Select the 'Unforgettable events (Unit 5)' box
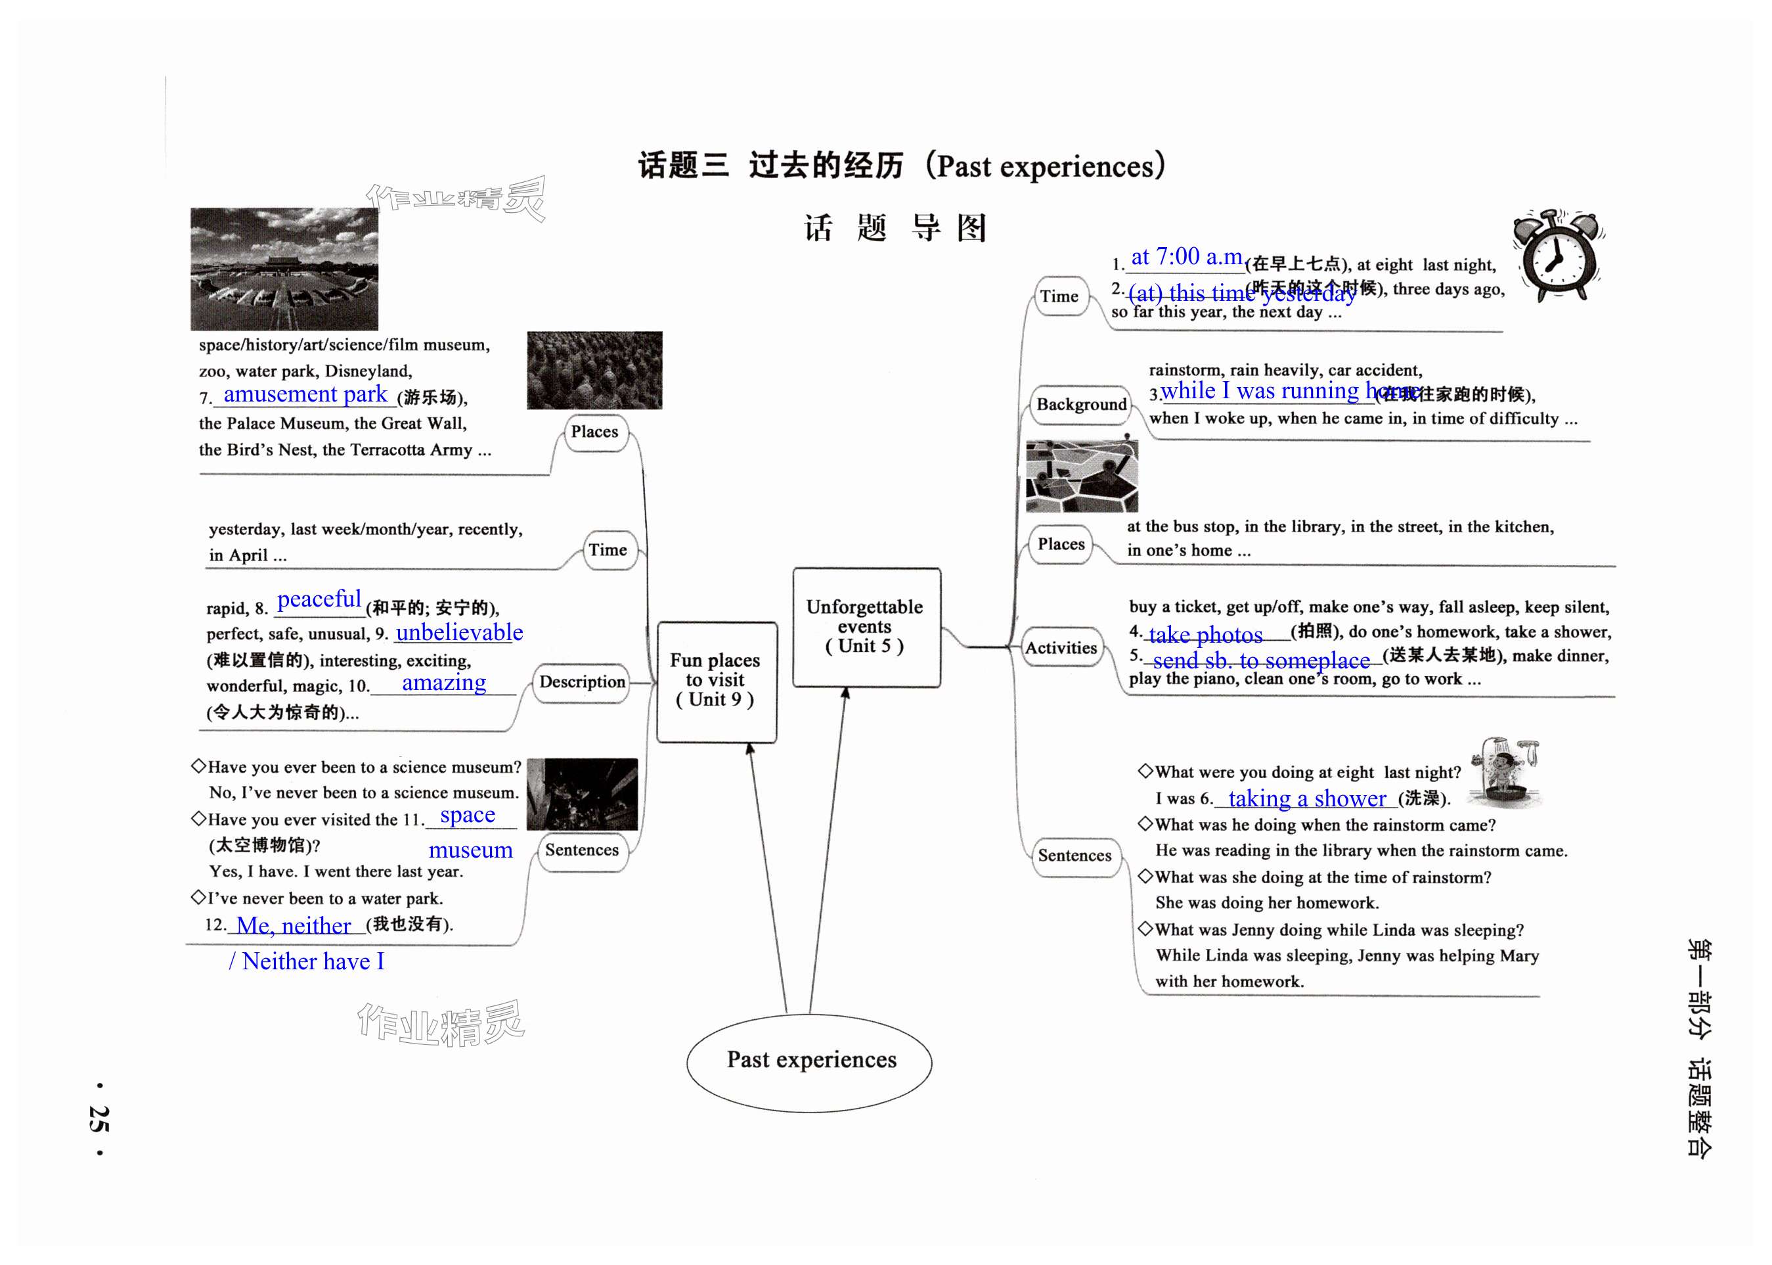866,628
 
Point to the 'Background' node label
1080,404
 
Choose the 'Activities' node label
1061,647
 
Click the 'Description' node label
582,682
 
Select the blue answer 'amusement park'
305,394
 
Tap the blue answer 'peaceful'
319,599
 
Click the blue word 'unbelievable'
458,632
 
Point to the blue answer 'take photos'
1205,635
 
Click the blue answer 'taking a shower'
1306,798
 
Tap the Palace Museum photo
284,269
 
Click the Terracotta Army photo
594,370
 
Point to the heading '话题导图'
895,228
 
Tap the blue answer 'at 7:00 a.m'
1185,256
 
